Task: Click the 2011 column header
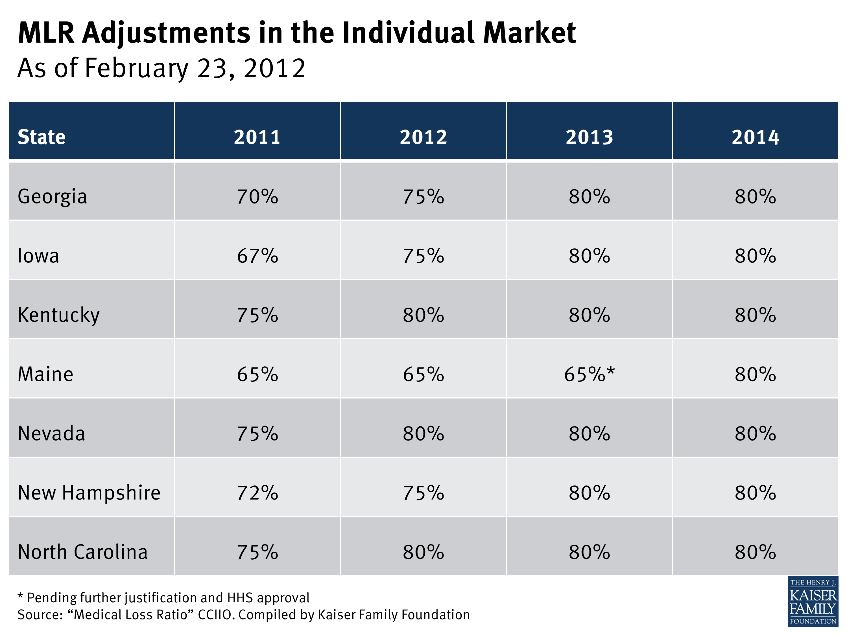(257, 137)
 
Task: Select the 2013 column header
(589, 137)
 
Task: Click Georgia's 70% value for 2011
(257, 197)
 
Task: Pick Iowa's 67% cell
(257, 256)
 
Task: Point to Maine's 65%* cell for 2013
(589, 374)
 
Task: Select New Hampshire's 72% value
(257, 492)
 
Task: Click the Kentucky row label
(59, 315)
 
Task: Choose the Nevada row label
(51, 433)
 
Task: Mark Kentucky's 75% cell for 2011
(257, 315)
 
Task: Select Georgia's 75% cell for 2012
(423, 197)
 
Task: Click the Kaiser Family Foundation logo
(813, 601)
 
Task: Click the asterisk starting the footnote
(20, 596)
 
